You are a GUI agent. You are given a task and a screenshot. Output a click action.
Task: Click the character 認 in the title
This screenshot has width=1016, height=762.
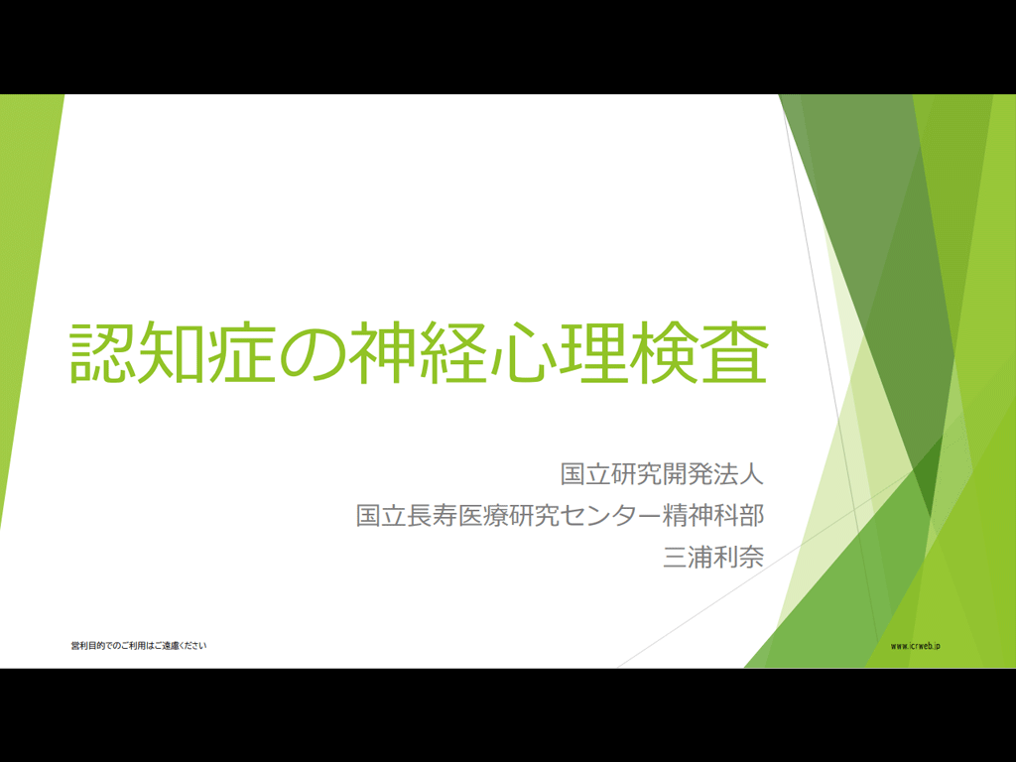click(x=103, y=352)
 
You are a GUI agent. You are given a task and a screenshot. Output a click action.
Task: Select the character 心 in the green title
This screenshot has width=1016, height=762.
click(x=524, y=352)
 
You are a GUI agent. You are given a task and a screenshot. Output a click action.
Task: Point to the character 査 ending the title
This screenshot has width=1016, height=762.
click(x=734, y=352)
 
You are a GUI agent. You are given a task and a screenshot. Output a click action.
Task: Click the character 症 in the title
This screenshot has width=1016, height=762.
click(x=244, y=352)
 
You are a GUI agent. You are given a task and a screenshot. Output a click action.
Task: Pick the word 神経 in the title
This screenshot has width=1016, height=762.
click(x=419, y=352)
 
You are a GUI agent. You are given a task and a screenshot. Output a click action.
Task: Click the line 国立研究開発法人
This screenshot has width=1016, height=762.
click(x=662, y=473)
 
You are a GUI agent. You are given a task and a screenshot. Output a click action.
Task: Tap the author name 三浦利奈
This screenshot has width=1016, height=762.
click(x=713, y=557)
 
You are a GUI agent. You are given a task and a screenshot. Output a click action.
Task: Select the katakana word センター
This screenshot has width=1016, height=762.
click(x=611, y=515)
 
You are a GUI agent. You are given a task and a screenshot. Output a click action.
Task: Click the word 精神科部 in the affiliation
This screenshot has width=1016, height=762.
click(x=713, y=515)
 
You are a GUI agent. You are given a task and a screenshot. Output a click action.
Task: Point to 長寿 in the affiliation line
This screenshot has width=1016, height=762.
click(x=433, y=515)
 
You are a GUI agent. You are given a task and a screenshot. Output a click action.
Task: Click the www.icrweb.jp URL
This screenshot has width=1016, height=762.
click(x=915, y=646)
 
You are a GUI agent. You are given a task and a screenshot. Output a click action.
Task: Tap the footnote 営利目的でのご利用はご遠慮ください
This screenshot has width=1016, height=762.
click(x=139, y=645)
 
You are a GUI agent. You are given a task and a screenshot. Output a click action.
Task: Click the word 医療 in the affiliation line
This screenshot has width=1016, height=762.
click(x=483, y=515)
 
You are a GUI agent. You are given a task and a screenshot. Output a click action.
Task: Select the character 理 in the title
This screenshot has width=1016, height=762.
click(x=593, y=352)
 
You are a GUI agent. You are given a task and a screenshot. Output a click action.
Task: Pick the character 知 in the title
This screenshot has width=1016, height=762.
click(x=174, y=352)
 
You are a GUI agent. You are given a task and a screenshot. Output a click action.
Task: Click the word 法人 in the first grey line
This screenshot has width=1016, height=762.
click(x=739, y=473)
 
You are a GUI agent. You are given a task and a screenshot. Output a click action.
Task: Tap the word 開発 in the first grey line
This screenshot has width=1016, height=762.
click(x=689, y=473)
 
